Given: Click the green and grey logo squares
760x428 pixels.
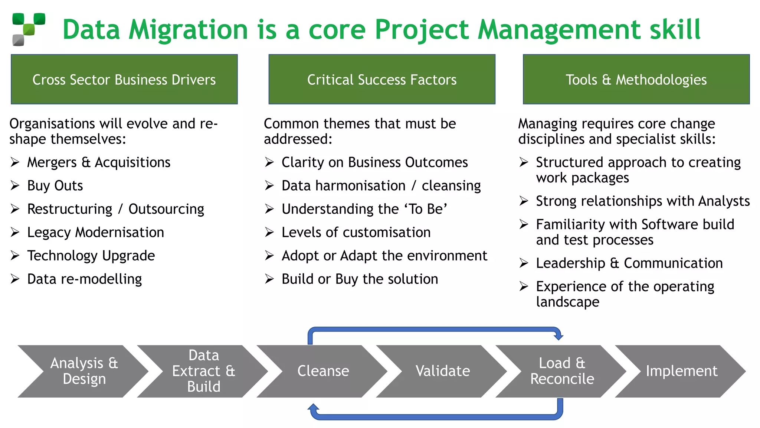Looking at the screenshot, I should (x=29, y=29).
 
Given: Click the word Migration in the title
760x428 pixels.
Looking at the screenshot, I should (x=188, y=30).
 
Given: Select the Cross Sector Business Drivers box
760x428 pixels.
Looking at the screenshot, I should (x=124, y=80).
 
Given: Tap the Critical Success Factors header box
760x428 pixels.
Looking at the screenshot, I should (x=381, y=80).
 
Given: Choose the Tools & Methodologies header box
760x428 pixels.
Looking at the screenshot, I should (x=636, y=80).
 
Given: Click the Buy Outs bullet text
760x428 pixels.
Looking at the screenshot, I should (x=55, y=186).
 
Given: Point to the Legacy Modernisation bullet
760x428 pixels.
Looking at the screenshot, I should (x=95, y=233).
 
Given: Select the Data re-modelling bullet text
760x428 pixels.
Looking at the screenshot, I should (x=84, y=279).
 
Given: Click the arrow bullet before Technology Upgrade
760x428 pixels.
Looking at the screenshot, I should (x=15, y=256).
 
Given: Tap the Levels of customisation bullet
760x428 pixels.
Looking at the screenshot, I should (x=356, y=233).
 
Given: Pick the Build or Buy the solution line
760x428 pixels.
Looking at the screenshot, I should (x=360, y=279).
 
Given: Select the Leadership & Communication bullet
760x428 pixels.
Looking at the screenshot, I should (x=629, y=263).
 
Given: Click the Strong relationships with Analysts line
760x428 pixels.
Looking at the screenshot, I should (x=642, y=201).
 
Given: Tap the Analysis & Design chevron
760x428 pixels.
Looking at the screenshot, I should (x=84, y=371).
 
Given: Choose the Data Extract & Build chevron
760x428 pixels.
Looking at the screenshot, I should (x=203, y=371).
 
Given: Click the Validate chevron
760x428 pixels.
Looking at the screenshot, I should (x=442, y=371).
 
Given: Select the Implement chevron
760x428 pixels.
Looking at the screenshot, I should (x=681, y=371).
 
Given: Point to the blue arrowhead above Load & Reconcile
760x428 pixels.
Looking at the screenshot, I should (x=558, y=336).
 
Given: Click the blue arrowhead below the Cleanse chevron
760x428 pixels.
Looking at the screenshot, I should (x=314, y=408).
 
